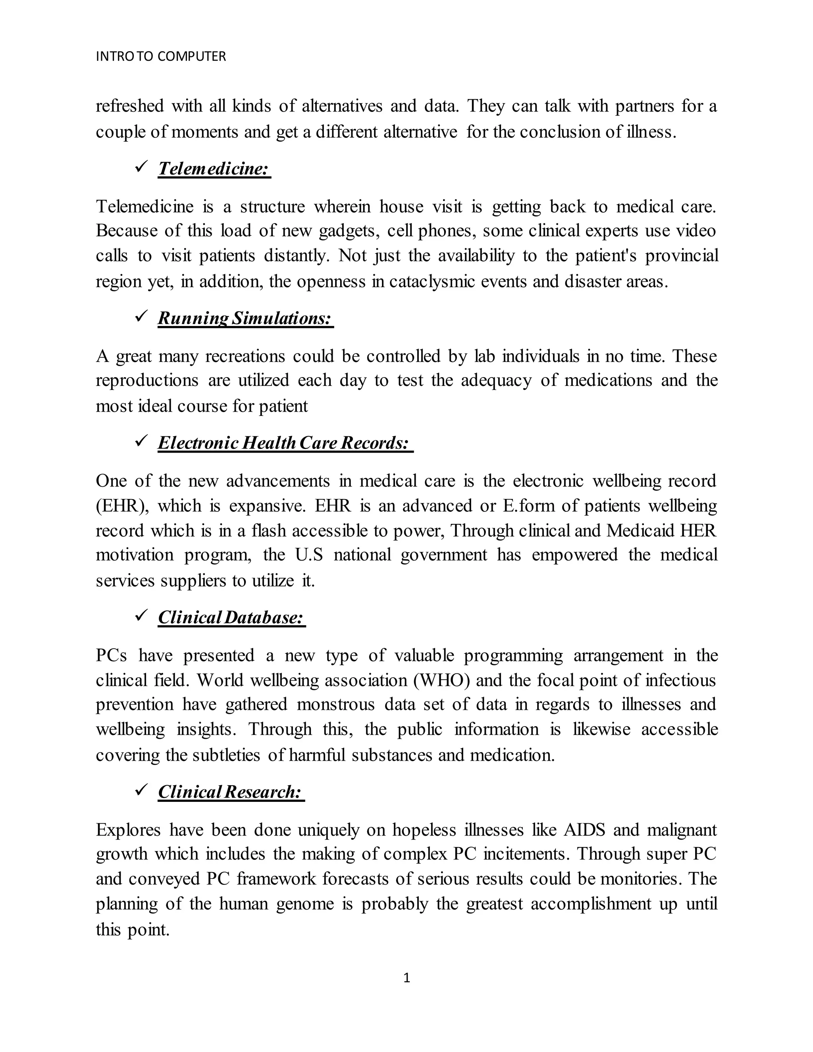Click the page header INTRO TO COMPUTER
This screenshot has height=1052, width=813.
(x=161, y=57)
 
